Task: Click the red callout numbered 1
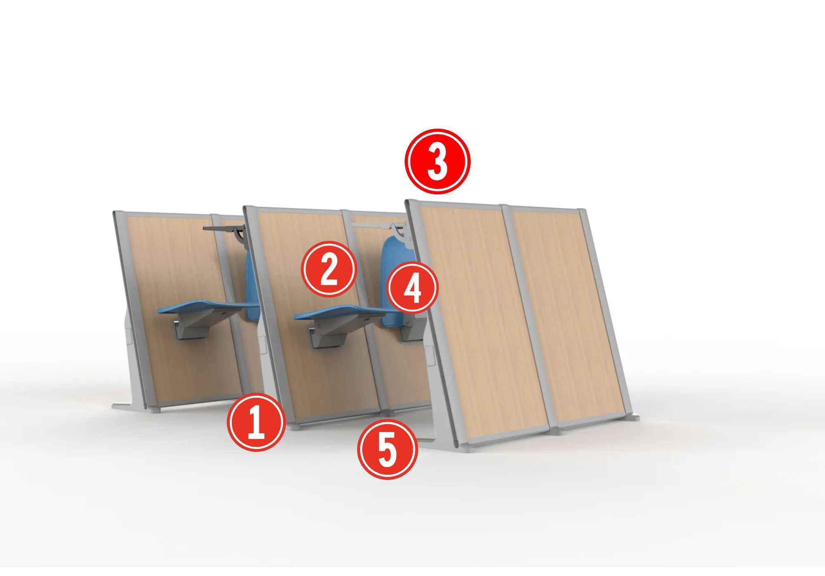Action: (256, 422)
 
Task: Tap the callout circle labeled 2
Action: (329, 269)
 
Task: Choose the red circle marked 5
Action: (387, 449)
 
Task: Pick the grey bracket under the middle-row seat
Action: (328, 332)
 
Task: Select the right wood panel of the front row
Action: (567, 316)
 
